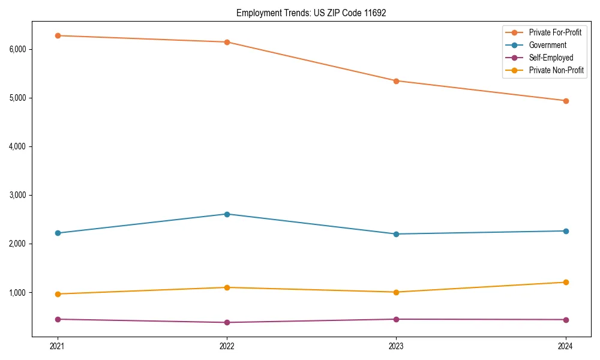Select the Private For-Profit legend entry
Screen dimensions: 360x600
(x=554, y=32)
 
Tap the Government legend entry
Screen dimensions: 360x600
(x=547, y=45)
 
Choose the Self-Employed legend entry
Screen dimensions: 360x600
(x=551, y=58)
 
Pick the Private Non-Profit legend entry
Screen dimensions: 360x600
(x=556, y=70)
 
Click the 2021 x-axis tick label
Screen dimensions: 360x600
(x=58, y=346)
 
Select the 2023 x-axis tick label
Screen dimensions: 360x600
(x=396, y=346)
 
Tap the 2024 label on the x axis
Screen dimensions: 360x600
(x=565, y=346)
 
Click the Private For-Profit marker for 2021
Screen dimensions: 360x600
(x=58, y=35)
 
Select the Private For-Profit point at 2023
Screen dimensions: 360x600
(x=396, y=81)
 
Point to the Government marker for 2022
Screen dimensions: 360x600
(x=227, y=214)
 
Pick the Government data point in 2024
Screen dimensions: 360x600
(x=565, y=231)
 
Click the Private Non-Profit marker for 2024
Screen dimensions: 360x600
(x=565, y=282)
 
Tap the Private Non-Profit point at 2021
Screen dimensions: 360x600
(x=58, y=294)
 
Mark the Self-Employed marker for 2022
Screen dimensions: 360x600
(x=227, y=322)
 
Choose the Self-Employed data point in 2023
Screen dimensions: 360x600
(x=396, y=319)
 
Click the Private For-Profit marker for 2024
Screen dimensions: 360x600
(x=565, y=101)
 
